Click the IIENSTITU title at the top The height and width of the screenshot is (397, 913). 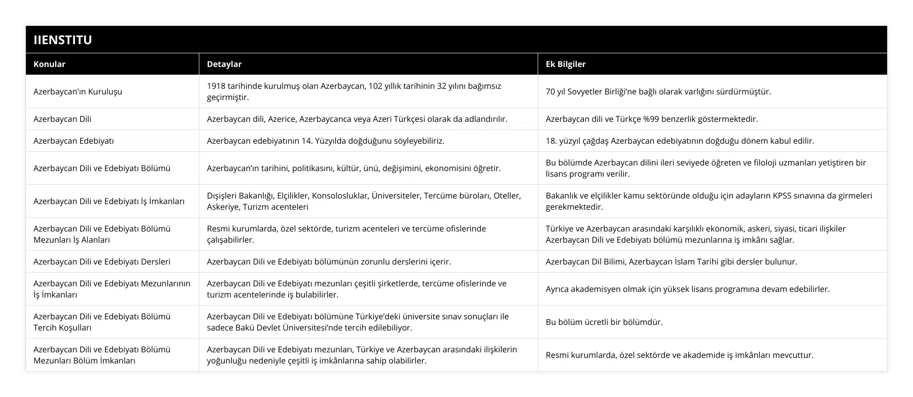click(62, 40)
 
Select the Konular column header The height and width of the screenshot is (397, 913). click(49, 64)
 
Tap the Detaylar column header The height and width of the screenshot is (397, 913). click(224, 64)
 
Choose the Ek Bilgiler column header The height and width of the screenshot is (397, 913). click(565, 64)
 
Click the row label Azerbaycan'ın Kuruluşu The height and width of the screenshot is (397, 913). click(78, 92)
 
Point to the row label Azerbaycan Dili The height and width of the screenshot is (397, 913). click(62, 119)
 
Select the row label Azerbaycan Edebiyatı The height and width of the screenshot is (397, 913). click(74, 141)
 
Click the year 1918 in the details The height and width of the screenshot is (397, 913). click(216, 86)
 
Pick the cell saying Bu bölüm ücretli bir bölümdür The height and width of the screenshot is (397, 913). click(604, 322)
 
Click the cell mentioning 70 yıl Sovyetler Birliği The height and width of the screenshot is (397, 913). click(658, 92)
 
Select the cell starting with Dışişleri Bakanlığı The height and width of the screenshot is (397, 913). click(363, 201)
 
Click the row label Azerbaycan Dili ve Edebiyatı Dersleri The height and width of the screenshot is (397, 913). click(102, 262)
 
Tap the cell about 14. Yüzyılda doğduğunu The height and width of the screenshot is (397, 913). click(325, 141)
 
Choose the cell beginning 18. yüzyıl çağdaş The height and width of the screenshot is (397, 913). click(680, 141)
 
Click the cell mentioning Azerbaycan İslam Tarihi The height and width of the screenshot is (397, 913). click(671, 262)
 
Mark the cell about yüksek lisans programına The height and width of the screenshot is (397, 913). click(687, 289)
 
